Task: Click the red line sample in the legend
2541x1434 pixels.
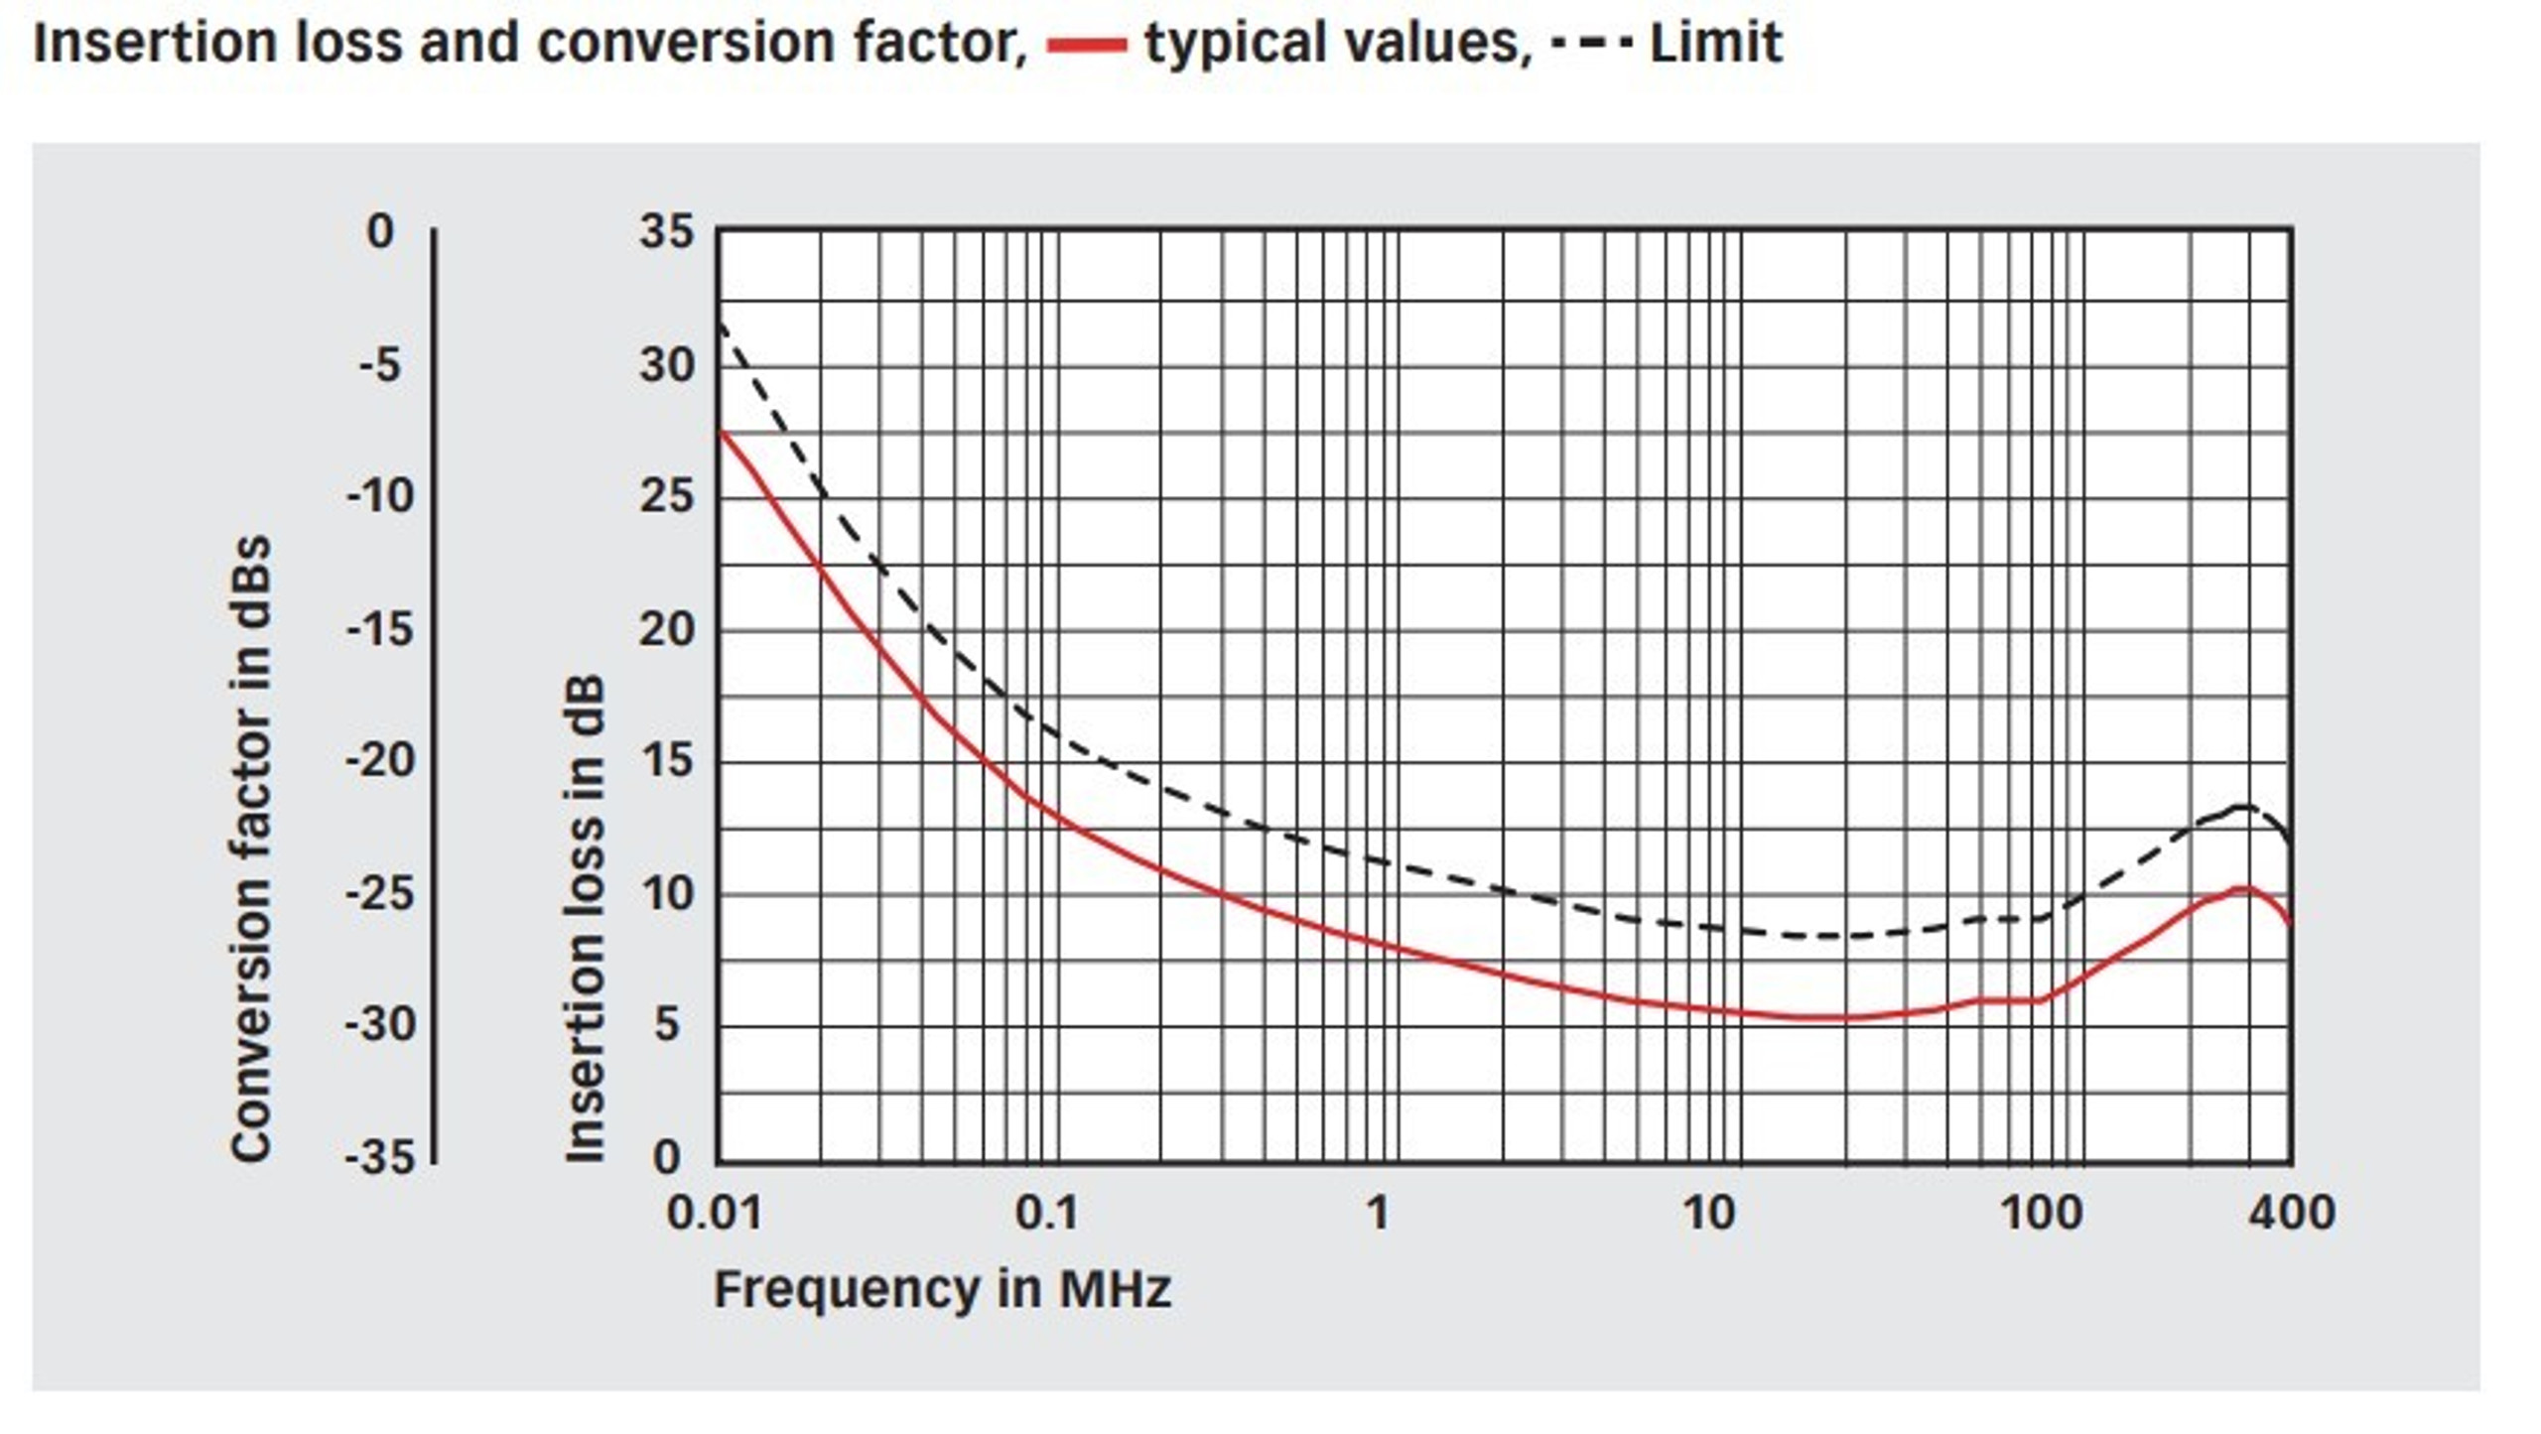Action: point(1087,45)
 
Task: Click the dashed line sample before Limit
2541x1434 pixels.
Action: point(1590,45)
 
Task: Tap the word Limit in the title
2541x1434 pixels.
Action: point(1715,44)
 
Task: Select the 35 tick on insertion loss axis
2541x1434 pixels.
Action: point(667,232)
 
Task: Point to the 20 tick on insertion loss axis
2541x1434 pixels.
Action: point(667,629)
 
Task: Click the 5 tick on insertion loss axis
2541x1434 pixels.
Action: point(667,1025)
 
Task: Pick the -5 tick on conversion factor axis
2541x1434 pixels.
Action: point(380,365)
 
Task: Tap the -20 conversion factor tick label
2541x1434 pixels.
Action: point(380,762)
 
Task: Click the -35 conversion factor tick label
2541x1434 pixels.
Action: point(380,1157)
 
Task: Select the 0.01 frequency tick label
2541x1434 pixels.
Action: point(715,1214)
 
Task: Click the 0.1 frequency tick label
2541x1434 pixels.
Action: point(1046,1214)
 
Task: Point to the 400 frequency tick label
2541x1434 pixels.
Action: point(2291,1214)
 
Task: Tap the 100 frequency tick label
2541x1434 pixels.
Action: point(2041,1214)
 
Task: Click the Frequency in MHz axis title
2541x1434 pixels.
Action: point(942,1290)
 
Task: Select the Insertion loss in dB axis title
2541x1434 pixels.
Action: point(586,918)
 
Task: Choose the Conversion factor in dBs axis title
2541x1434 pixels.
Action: point(250,848)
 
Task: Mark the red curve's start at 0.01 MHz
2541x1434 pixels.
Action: point(721,432)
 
